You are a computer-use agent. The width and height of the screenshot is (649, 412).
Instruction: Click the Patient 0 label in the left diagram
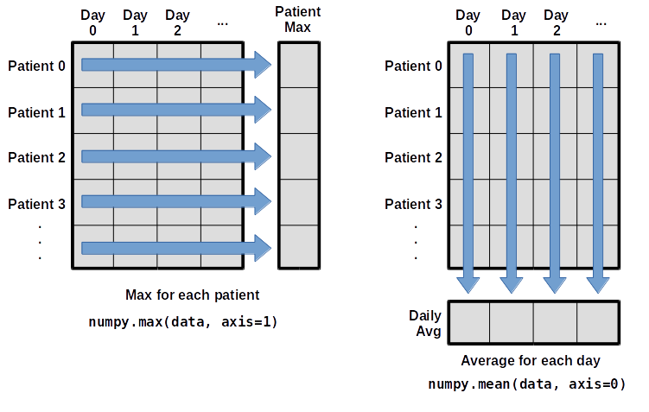(37, 65)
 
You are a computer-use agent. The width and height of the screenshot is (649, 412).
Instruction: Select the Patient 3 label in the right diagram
(414, 204)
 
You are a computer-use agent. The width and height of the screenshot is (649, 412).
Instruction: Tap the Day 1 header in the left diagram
(135, 22)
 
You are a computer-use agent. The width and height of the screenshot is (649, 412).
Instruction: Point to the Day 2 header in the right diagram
(556, 22)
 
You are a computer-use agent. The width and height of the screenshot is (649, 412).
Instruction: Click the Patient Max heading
(298, 19)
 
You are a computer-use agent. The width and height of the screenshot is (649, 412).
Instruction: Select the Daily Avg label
(425, 322)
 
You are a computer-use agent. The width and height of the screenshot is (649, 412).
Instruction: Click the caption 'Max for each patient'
(192, 295)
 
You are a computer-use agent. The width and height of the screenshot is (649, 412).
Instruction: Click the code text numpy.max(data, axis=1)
(182, 321)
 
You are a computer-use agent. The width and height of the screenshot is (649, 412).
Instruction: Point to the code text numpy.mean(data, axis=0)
(525, 383)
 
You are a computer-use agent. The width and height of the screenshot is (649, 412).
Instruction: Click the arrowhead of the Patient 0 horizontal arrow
(260, 65)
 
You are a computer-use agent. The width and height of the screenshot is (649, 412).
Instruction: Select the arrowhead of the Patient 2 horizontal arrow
(260, 157)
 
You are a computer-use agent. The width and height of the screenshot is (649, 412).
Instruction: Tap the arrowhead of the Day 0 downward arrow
(468, 282)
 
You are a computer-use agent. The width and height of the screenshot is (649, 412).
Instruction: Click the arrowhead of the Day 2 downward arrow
(554, 282)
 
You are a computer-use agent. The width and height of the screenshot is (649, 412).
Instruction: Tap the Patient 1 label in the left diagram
(37, 111)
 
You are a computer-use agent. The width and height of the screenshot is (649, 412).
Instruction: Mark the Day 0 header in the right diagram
(468, 22)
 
